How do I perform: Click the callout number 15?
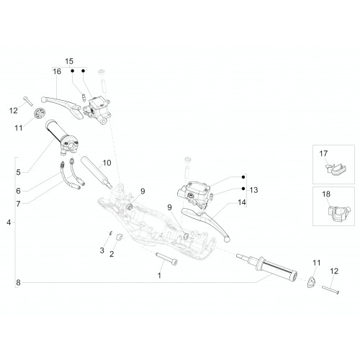(69, 61)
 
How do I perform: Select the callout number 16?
(57, 71)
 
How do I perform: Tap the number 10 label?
(107, 163)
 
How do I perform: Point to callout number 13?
(253, 190)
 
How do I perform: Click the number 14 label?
(242, 202)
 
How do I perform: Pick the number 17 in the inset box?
(323, 153)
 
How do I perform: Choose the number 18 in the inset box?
(326, 194)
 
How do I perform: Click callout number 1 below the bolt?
(159, 276)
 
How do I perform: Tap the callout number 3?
(102, 251)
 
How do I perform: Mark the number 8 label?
(18, 283)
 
